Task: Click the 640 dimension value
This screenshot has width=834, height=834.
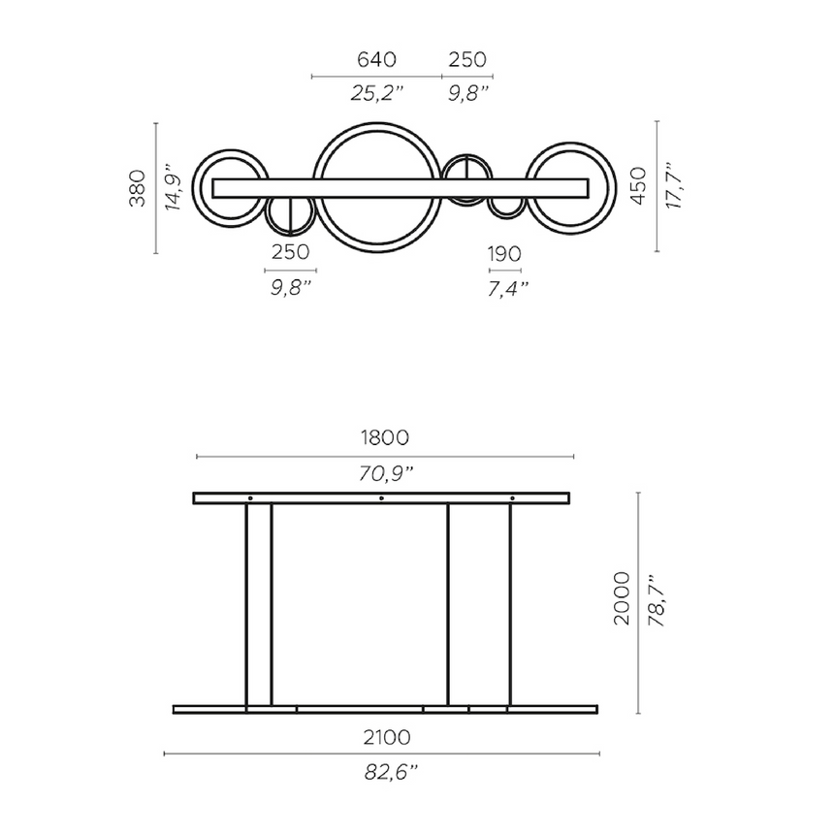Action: (x=376, y=60)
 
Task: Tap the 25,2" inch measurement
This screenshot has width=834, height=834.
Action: (x=376, y=93)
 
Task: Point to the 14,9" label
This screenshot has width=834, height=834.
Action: (x=173, y=187)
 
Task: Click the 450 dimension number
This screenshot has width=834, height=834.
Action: (x=636, y=184)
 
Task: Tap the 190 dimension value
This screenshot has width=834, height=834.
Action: (x=504, y=254)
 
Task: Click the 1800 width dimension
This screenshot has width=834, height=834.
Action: (x=382, y=437)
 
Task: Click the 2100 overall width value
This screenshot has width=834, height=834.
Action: (x=382, y=738)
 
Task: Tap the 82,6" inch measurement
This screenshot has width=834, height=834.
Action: (x=382, y=772)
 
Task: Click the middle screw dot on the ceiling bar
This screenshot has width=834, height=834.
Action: (x=381, y=498)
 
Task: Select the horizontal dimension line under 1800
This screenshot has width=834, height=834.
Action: (x=384, y=456)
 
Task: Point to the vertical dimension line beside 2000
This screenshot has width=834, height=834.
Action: (x=638, y=601)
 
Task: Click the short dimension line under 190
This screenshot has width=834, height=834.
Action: (x=505, y=271)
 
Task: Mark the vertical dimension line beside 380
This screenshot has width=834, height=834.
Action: (x=155, y=187)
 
